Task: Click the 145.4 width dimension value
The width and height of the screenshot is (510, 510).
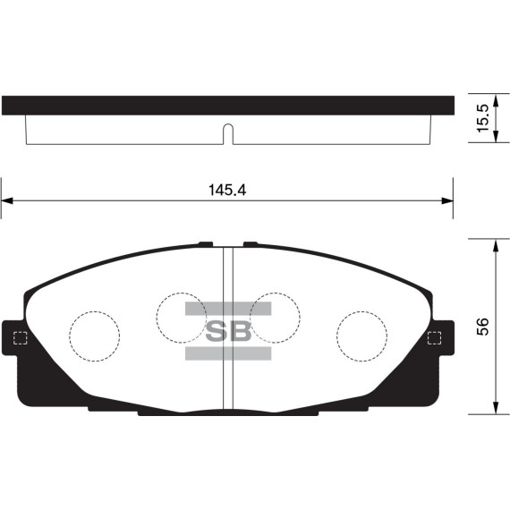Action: pyautogui.click(x=228, y=190)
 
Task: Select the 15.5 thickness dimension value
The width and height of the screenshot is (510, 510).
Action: pyautogui.click(x=483, y=118)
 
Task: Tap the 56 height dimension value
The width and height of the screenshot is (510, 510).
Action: pyautogui.click(x=483, y=327)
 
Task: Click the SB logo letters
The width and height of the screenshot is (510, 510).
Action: pyautogui.click(x=227, y=332)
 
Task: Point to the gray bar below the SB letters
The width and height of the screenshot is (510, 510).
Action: pyautogui.click(x=227, y=353)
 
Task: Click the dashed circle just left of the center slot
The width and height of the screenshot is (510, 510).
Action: pyautogui.click(x=182, y=315)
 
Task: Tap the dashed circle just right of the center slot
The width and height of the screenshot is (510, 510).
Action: pyautogui.click(x=273, y=315)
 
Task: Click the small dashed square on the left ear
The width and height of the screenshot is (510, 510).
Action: pyautogui.click(x=20, y=337)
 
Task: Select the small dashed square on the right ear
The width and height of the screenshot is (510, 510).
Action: pyautogui.click(x=436, y=337)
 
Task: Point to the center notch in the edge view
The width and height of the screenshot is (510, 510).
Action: pyautogui.click(x=227, y=135)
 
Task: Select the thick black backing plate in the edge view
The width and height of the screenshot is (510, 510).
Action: pyautogui.click(x=227, y=105)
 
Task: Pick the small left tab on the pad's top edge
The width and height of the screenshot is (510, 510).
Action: pyautogui.click(x=205, y=243)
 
